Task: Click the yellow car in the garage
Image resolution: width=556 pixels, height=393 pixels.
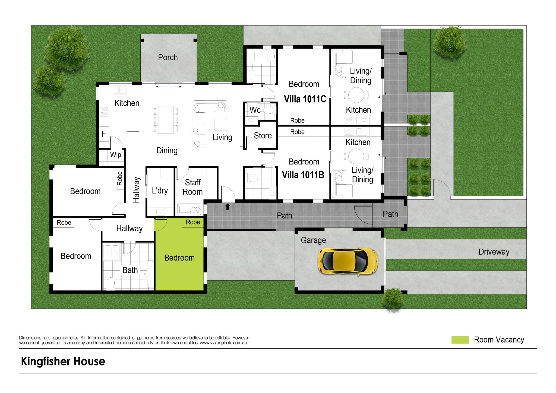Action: (348, 261)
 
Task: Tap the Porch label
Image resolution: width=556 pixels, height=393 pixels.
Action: (168, 58)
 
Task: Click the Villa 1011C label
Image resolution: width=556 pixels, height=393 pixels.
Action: (305, 99)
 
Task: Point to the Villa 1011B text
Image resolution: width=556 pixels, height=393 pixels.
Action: (303, 175)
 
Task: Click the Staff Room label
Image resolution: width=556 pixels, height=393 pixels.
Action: (192, 187)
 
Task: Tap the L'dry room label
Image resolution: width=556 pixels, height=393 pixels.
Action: (160, 191)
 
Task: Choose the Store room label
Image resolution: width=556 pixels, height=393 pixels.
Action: (263, 135)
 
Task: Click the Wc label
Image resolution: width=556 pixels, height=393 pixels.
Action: (255, 110)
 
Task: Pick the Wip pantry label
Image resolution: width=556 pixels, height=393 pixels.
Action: (115, 155)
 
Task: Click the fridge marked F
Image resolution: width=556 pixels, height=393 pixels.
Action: (104, 134)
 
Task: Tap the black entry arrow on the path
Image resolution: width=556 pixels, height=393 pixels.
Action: (228, 207)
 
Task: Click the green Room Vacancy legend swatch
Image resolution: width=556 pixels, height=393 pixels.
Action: (460, 340)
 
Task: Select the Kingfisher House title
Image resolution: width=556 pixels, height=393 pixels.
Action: (63, 362)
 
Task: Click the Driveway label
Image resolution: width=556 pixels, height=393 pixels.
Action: (494, 252)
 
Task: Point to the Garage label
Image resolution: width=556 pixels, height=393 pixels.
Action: (313, 240)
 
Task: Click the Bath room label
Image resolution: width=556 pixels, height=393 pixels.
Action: (130, 270)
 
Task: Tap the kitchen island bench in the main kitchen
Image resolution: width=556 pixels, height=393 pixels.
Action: (133, 121)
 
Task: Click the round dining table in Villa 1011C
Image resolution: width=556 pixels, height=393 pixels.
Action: (356, 95)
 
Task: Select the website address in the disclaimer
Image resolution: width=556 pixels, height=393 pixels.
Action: (223, 343)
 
